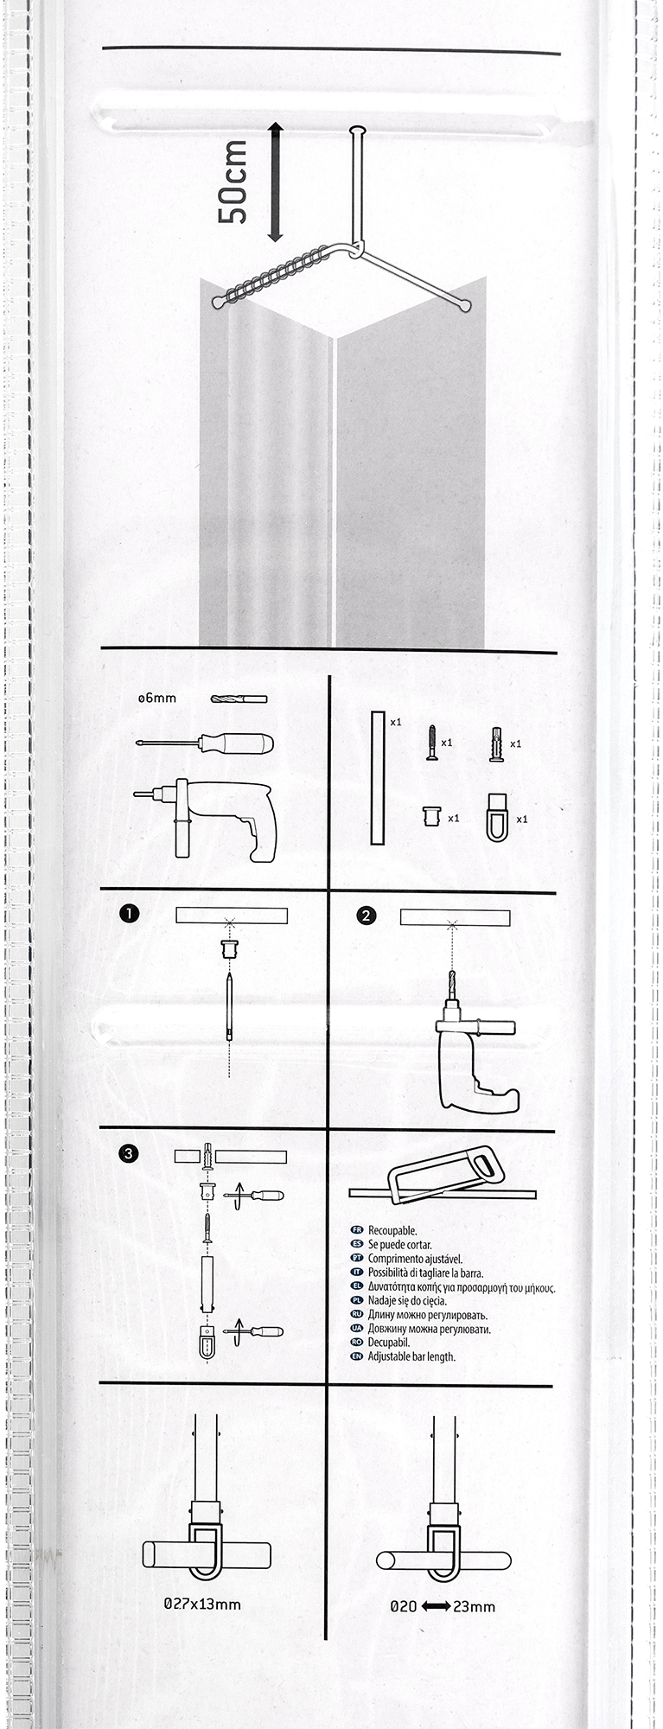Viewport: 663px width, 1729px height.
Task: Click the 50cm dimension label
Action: [233, 183]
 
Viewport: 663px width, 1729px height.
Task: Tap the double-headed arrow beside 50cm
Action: [275, 182]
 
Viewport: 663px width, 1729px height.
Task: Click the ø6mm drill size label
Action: [156, 698]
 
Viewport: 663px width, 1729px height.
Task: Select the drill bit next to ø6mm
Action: [239, 699]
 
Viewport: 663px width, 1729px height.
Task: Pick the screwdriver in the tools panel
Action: [205, 743]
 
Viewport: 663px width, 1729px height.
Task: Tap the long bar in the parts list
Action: [377, 777]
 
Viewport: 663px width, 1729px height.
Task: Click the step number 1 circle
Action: [130, 914]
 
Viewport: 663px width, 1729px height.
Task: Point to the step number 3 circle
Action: [129, 1153]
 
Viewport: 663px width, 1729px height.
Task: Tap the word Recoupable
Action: [392, 1230]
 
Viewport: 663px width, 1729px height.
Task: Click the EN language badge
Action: [356, 1356]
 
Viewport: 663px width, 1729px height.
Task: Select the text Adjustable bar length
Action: [411, 1357]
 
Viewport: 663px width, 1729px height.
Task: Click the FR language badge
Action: [356, 1230]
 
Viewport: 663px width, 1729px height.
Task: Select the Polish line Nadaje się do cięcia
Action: [407, 1300]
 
